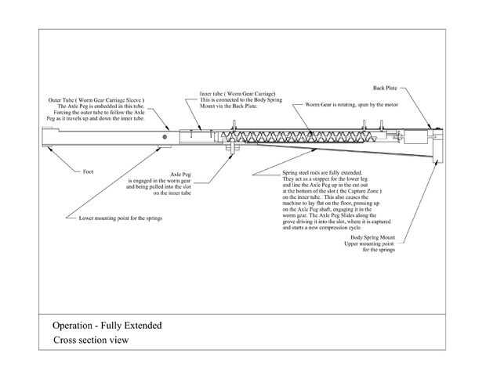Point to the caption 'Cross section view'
coord(90,341)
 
